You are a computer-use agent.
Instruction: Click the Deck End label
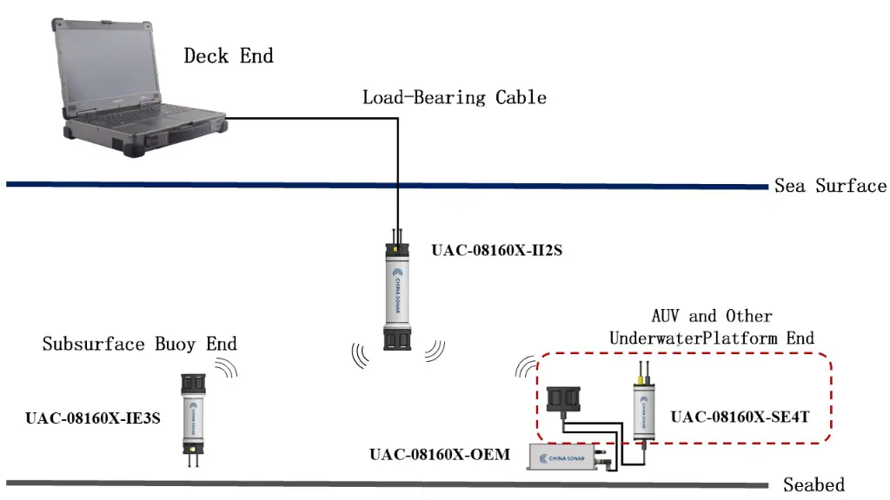[x=229, y=56]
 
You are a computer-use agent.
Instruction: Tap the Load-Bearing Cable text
[x=455, y=96]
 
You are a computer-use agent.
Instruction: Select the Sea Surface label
[x=830, y=186]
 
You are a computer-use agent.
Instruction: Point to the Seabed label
[x=814, y=484]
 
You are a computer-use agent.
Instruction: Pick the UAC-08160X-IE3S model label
[x=93, y=418]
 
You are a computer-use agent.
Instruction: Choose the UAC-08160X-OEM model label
[x=439, y=454]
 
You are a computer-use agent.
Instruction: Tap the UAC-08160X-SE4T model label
[x=740, y=417]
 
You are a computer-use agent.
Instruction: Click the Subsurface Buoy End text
[x=139, y=345]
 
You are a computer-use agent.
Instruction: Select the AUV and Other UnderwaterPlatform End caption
[x=712, y=327]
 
